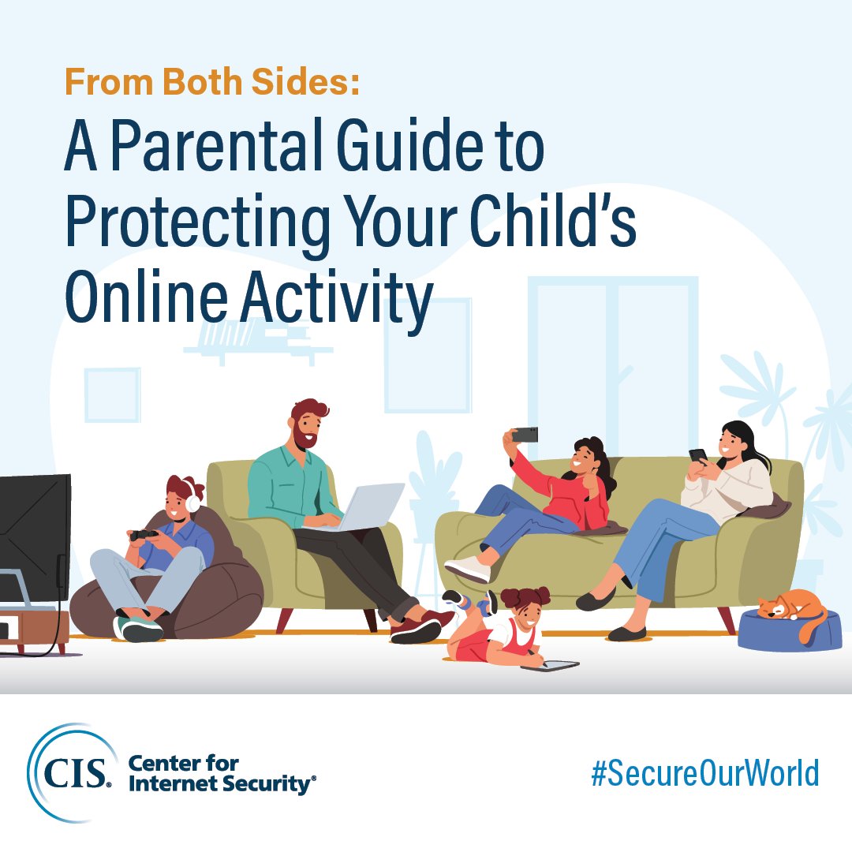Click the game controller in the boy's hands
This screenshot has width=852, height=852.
(144, 536)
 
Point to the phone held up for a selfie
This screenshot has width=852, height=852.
(525, 434)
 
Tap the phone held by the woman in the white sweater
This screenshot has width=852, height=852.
(697, 455)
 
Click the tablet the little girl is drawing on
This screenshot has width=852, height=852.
(550, 666)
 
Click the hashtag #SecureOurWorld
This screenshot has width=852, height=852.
(704, 774)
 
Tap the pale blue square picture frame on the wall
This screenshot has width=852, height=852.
(112, 394)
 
